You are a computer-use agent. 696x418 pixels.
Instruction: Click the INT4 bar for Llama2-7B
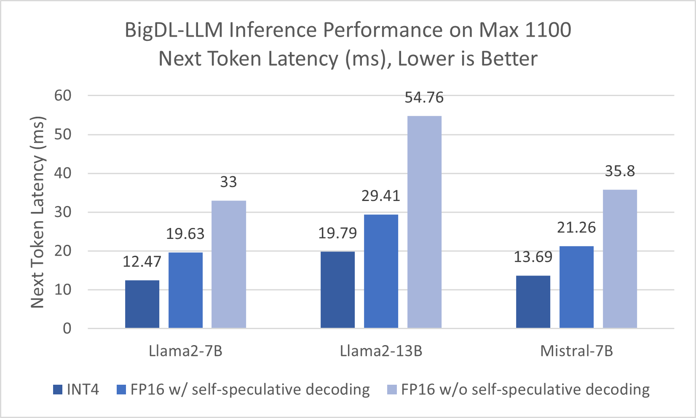point(142,304)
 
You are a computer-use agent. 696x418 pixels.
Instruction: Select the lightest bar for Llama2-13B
point(424,222)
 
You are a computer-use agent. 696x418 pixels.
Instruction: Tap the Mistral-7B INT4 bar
point(533,302)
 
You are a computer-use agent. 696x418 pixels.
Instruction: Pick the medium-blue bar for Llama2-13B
point(381,271)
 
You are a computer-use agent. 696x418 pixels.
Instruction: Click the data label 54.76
point(424,97)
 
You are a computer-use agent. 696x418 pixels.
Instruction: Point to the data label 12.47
point(142,262)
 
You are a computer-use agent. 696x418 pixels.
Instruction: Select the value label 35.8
point(620,171)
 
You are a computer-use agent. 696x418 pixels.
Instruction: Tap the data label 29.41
point(381,196)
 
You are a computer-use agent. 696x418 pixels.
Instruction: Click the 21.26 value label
point(576,228)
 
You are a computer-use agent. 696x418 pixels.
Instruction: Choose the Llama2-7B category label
point(185,351)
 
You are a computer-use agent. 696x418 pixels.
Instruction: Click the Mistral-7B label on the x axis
point(576,351)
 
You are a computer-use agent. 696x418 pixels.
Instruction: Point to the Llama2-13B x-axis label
point(381,351)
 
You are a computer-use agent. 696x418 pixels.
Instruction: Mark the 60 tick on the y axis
point(63,96)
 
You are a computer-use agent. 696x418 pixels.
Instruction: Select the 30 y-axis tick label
point(63,212)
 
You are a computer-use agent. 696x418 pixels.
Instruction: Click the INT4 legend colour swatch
point(58,390)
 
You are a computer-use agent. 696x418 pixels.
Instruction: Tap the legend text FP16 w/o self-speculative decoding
point(525,390)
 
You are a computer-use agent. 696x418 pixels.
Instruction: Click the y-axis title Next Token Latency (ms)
point(38,212)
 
